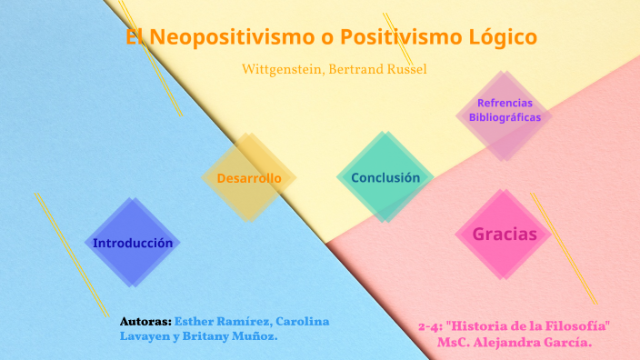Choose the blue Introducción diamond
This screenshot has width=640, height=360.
(x=133, y=243)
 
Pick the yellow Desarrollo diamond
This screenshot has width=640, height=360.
(x=249, y=178)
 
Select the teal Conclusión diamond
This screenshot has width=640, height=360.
(x=385, y=177)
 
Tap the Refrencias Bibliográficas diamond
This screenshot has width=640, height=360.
(x=505, y=110)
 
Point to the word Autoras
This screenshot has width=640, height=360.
(x=145, y=322)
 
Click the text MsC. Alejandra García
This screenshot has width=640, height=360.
(x=514, y=343)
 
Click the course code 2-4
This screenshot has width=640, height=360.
(x=430, y=325)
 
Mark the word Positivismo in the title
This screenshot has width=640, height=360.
(x=392, y=38)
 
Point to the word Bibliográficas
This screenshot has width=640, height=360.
(x=505, y=117)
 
